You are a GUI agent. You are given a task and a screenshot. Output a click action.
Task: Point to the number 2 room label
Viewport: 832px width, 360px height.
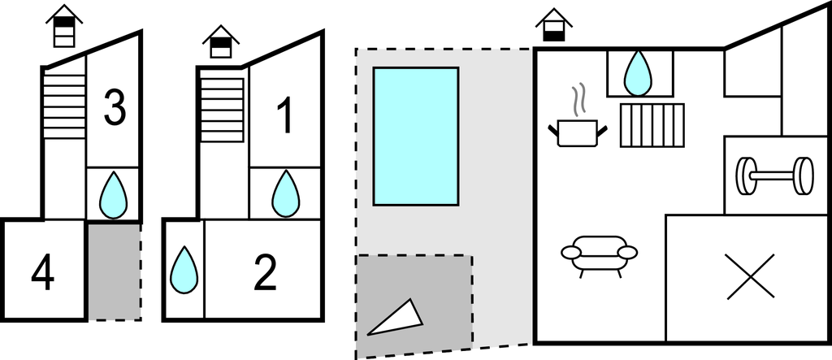click(x=265, y=273)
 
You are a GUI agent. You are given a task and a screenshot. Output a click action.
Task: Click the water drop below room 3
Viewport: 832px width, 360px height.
click(x=113, y=196)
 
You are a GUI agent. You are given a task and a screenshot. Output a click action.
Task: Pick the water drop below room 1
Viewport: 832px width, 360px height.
click(x=285, y=194)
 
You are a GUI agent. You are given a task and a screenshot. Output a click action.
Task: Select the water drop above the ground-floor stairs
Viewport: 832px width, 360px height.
click(x=639, y=72)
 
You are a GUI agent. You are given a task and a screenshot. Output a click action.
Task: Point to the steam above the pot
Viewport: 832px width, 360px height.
click(x=578, y=102)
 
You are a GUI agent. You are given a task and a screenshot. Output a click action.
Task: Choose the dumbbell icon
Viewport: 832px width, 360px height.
click(x=774, y=175)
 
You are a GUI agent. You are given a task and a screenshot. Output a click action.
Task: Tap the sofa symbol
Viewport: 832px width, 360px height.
click(x=600, y=254)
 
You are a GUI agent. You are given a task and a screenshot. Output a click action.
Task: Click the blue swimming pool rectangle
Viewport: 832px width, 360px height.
click(x=415, y=136)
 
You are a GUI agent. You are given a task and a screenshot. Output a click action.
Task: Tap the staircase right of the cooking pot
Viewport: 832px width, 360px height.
click(x=652, y=125)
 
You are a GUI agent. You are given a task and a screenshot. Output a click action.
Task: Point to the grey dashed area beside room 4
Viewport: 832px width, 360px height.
click(x=114, y=271)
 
